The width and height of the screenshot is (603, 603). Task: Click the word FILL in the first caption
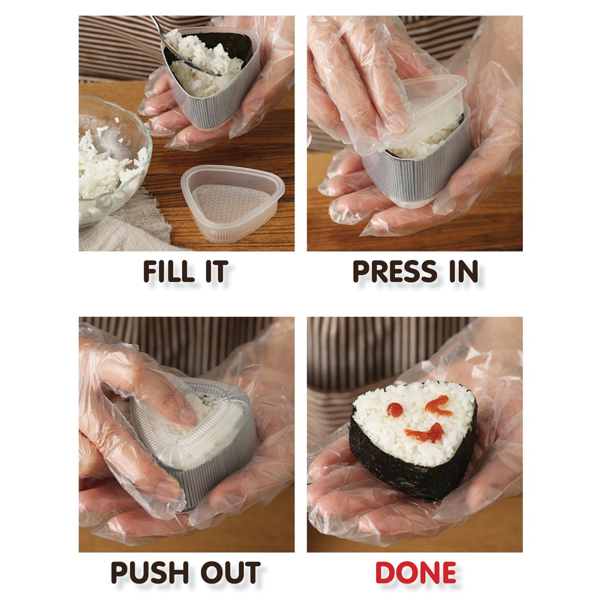168,271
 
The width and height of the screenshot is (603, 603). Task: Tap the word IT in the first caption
217,271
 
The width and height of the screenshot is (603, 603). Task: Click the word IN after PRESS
464,271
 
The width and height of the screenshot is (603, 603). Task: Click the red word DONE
416,572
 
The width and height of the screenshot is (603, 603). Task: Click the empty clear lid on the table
233,203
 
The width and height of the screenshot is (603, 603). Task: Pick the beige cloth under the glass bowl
123,231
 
